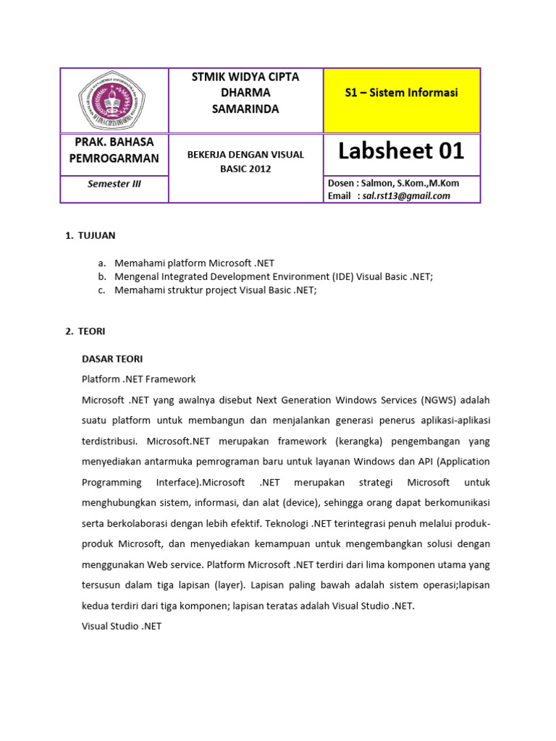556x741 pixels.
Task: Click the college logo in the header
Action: pyautogui.click(x=114, y=101)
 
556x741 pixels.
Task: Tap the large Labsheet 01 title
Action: pyautogui.click(x=401, y=151)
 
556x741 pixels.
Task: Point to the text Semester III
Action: pyautogui.click(x=114, y=184)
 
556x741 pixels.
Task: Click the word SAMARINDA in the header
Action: pyautogui.click(x=245, y=109)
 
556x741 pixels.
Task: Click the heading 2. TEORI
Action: pyautogui.click(x=85, y=331)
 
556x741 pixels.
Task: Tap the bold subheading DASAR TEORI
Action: pyautogui.click(x=112, y=359)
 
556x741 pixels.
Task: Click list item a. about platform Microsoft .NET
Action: pyautogui.click(x=194, y=263)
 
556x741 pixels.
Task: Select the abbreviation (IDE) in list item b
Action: pyautogui.click(x=345, y=277)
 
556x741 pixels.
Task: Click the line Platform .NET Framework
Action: pyautogui.click(x=138, y=379)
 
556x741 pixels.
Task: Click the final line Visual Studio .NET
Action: pyautogui.click(x=122, y=626)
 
